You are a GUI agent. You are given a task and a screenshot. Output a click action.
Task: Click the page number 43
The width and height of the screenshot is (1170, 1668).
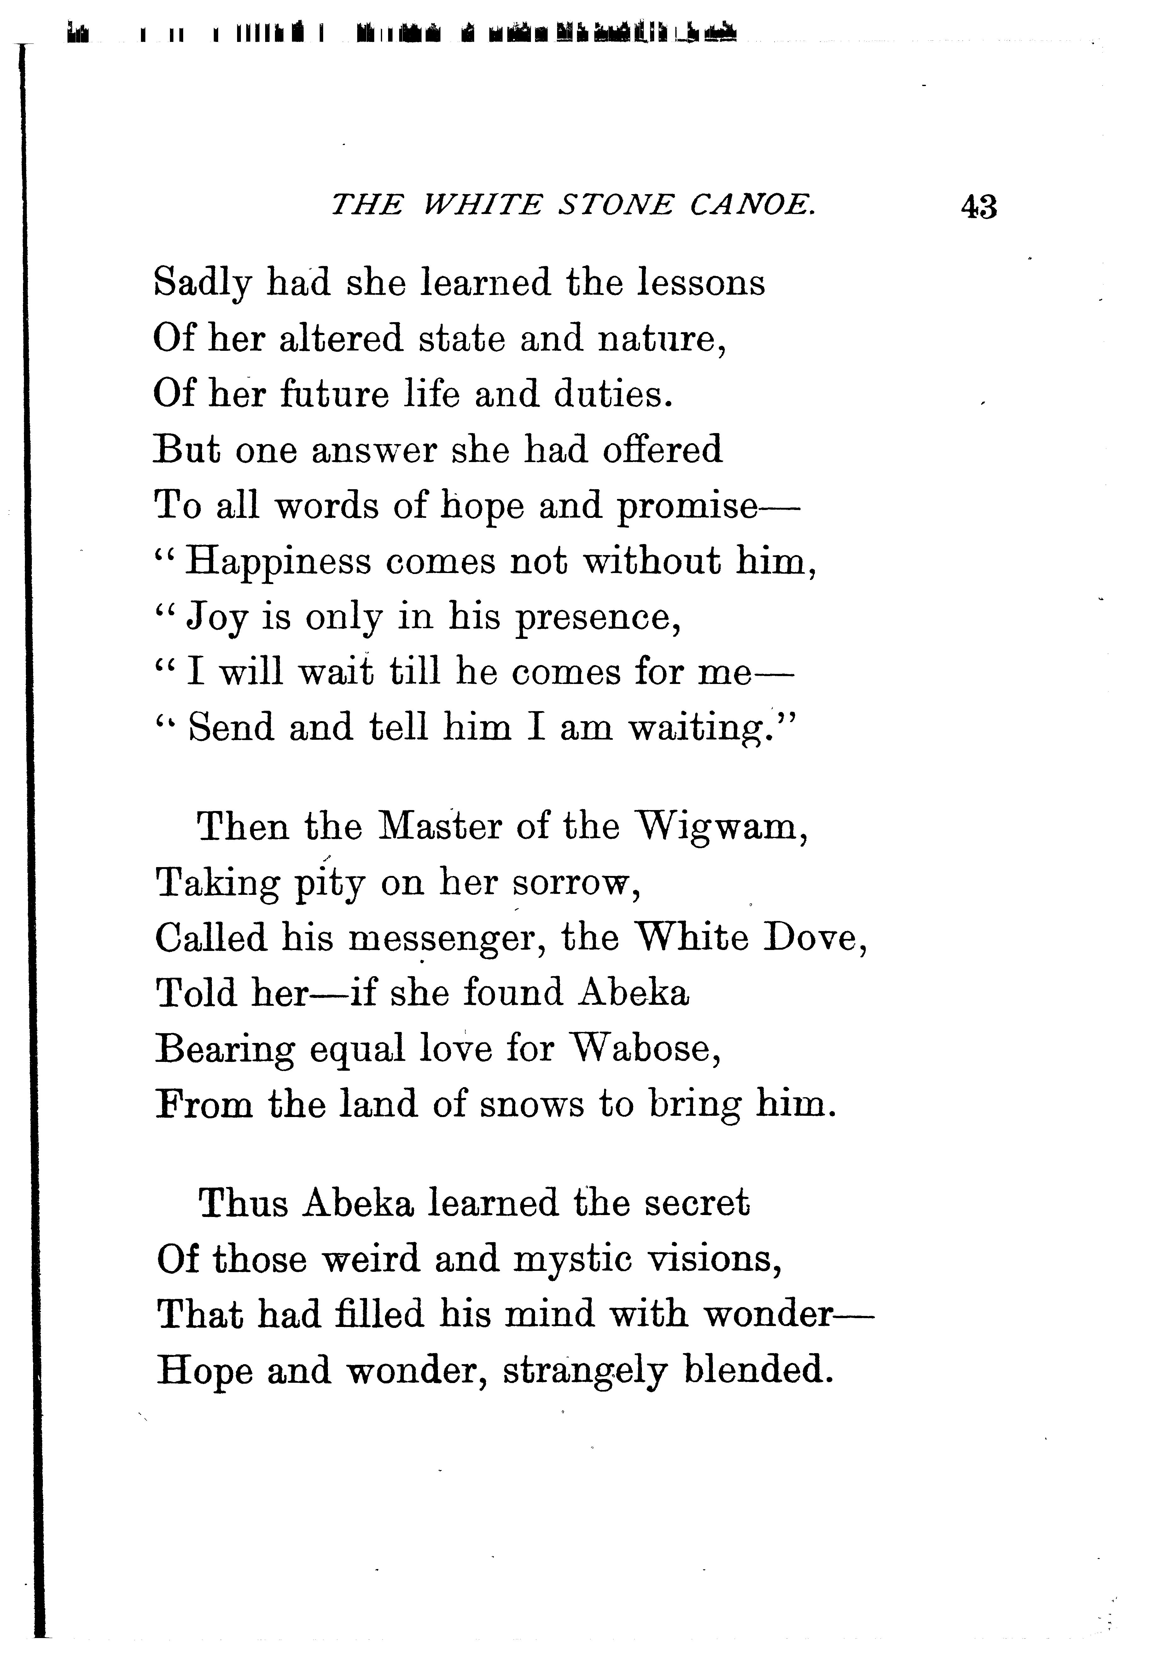coord(978,207)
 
